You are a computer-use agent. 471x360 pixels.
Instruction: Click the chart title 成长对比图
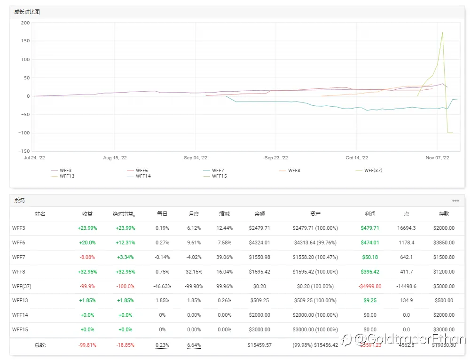[27, 12]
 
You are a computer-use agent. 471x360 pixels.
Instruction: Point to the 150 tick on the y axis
[25, 41]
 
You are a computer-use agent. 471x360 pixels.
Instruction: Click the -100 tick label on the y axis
[24, 133]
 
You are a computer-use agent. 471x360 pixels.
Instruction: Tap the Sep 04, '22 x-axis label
[196, 158]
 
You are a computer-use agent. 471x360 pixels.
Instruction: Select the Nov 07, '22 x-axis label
[437, 158]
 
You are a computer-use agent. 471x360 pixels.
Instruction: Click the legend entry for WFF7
[218, 170]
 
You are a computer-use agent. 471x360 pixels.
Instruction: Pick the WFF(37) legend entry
[373, 170]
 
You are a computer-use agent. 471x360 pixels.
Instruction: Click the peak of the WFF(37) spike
[442, 32]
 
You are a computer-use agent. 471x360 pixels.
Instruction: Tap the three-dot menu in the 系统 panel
[455, 201]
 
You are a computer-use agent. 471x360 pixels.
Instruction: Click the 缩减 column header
[225, 214]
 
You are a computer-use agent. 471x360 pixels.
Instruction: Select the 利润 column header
[369, 214]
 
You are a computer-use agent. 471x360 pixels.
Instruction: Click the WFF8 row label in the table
[18, 272]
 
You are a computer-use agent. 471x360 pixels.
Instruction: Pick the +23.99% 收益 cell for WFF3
[87, 228]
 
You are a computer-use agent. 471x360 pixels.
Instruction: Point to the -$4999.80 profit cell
[369, 286]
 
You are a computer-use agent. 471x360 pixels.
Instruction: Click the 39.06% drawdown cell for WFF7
[225, 257]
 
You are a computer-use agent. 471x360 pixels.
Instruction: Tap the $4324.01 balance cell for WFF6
[259, 243]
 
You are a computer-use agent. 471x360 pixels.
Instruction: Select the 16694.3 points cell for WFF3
[406, 228]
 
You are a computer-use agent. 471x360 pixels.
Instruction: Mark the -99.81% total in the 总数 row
[87, 345]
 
